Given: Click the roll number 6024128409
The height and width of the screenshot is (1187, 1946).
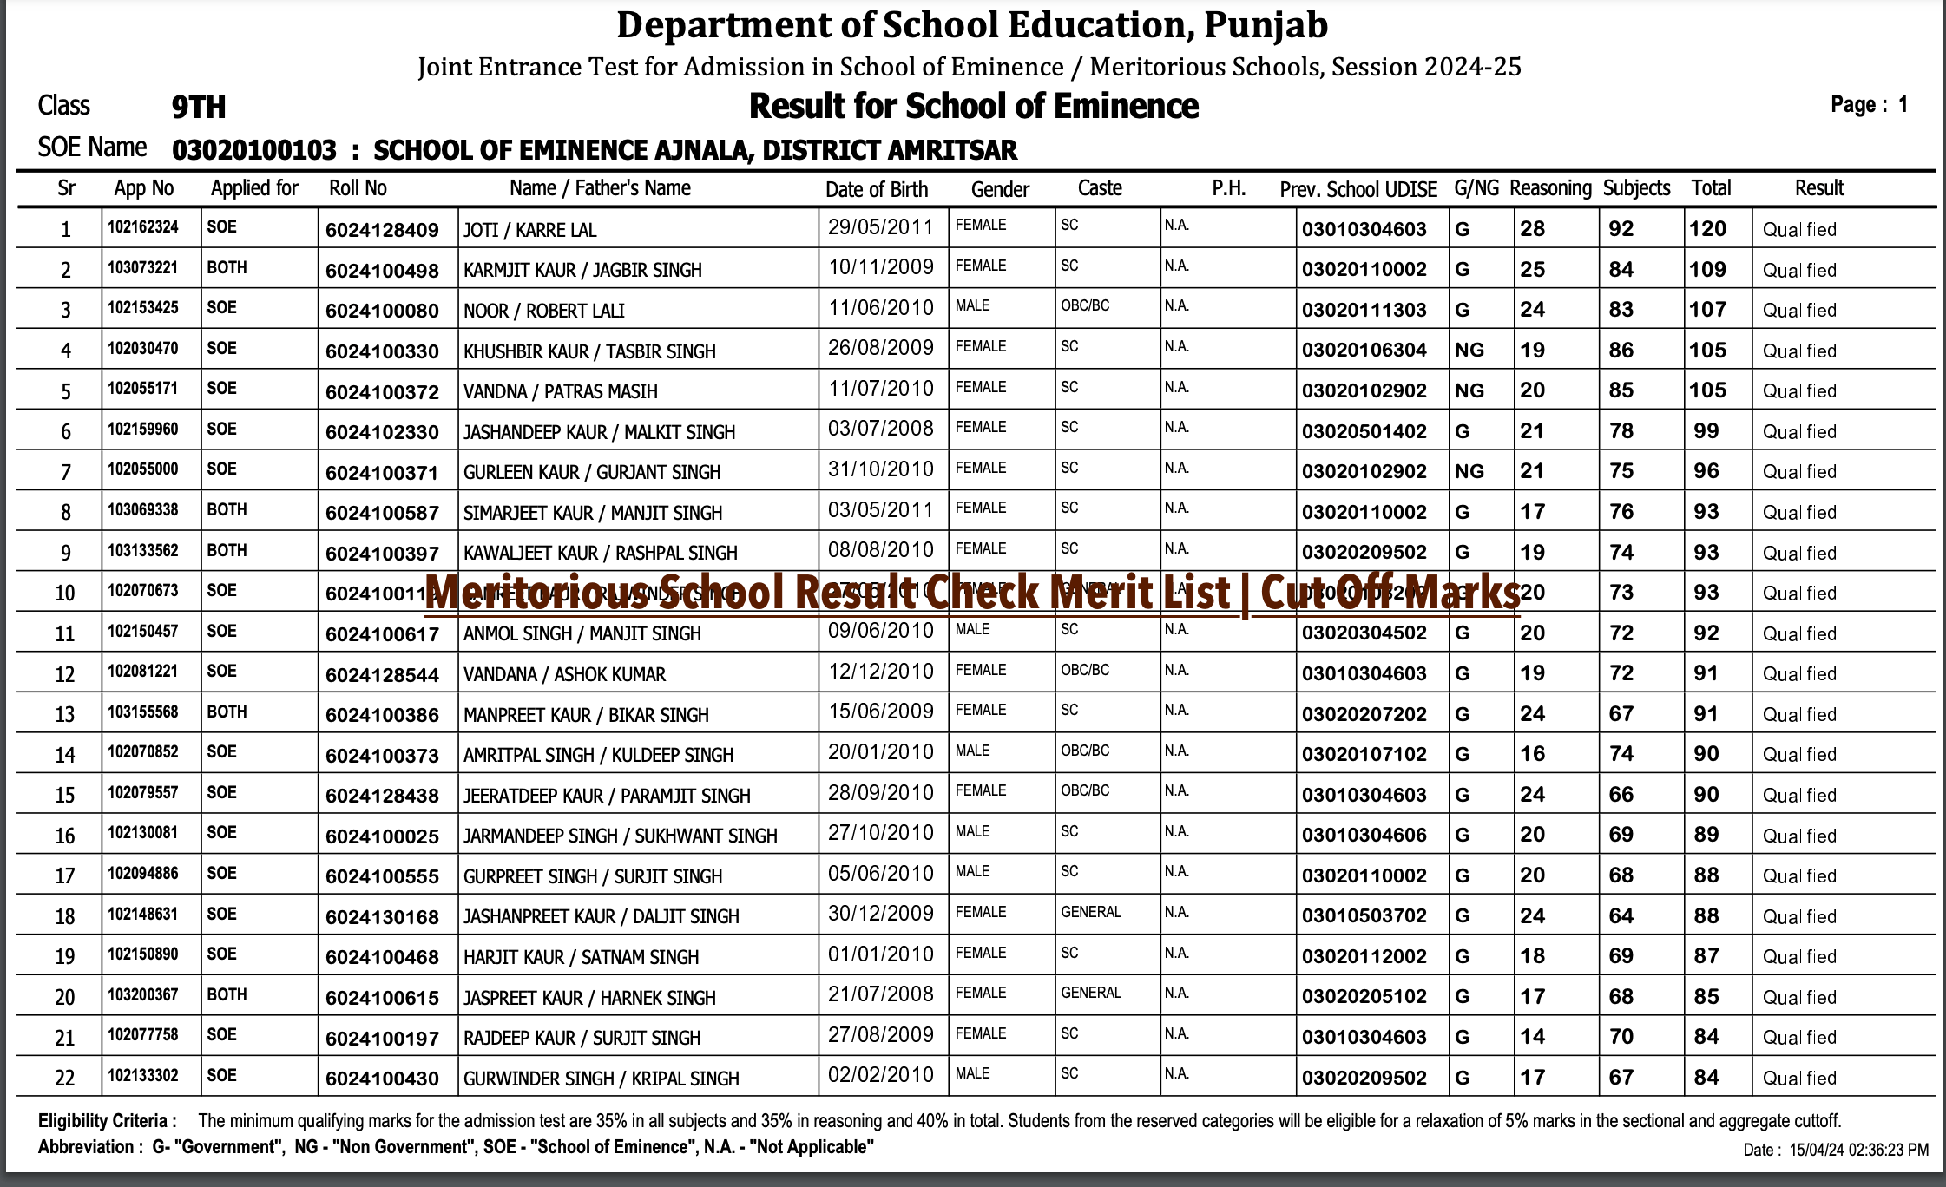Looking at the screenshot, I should [x=382, y=230].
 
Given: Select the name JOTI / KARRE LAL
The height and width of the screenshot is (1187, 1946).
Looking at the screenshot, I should [x=529, y=230].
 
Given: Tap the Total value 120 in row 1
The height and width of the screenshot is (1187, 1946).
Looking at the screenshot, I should [x=1707, y=229].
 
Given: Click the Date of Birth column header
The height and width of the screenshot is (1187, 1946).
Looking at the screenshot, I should [x=876, y=189].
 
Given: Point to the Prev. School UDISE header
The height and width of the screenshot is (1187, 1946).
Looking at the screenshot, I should [x=1358, y=189].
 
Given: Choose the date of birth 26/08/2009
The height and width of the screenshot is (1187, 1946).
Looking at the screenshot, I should [x=880, y=348].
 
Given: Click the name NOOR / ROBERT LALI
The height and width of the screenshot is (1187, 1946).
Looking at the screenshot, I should [x=543, y=311].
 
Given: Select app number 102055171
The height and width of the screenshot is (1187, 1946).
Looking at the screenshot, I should [x=142, y=389].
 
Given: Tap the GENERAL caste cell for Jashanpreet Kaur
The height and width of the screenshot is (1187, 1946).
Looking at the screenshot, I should [x=1090, y=913].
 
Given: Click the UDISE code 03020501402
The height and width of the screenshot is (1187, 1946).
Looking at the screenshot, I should [x=1364, y=431].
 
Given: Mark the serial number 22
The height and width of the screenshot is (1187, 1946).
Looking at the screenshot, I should [x=65, y=1078].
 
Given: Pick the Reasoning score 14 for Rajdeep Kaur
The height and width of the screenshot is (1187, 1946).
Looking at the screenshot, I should [x=1532, y=1037].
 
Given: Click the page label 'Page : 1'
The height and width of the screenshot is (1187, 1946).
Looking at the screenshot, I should [x=1869, y=105].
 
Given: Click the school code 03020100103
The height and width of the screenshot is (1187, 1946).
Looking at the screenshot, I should [x=253, y=151].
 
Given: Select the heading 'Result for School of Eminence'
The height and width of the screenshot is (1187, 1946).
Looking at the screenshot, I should [x=973, y=107].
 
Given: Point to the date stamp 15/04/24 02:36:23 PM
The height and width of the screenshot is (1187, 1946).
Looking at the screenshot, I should [x=1857, y=1150].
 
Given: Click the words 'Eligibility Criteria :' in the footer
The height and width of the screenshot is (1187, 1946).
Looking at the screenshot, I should [x=108, y=1121].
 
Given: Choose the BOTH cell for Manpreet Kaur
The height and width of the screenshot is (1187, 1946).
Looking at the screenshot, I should [x=227, y=712].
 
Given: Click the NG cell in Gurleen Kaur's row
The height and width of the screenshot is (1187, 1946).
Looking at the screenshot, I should [x=1469, y=472].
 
